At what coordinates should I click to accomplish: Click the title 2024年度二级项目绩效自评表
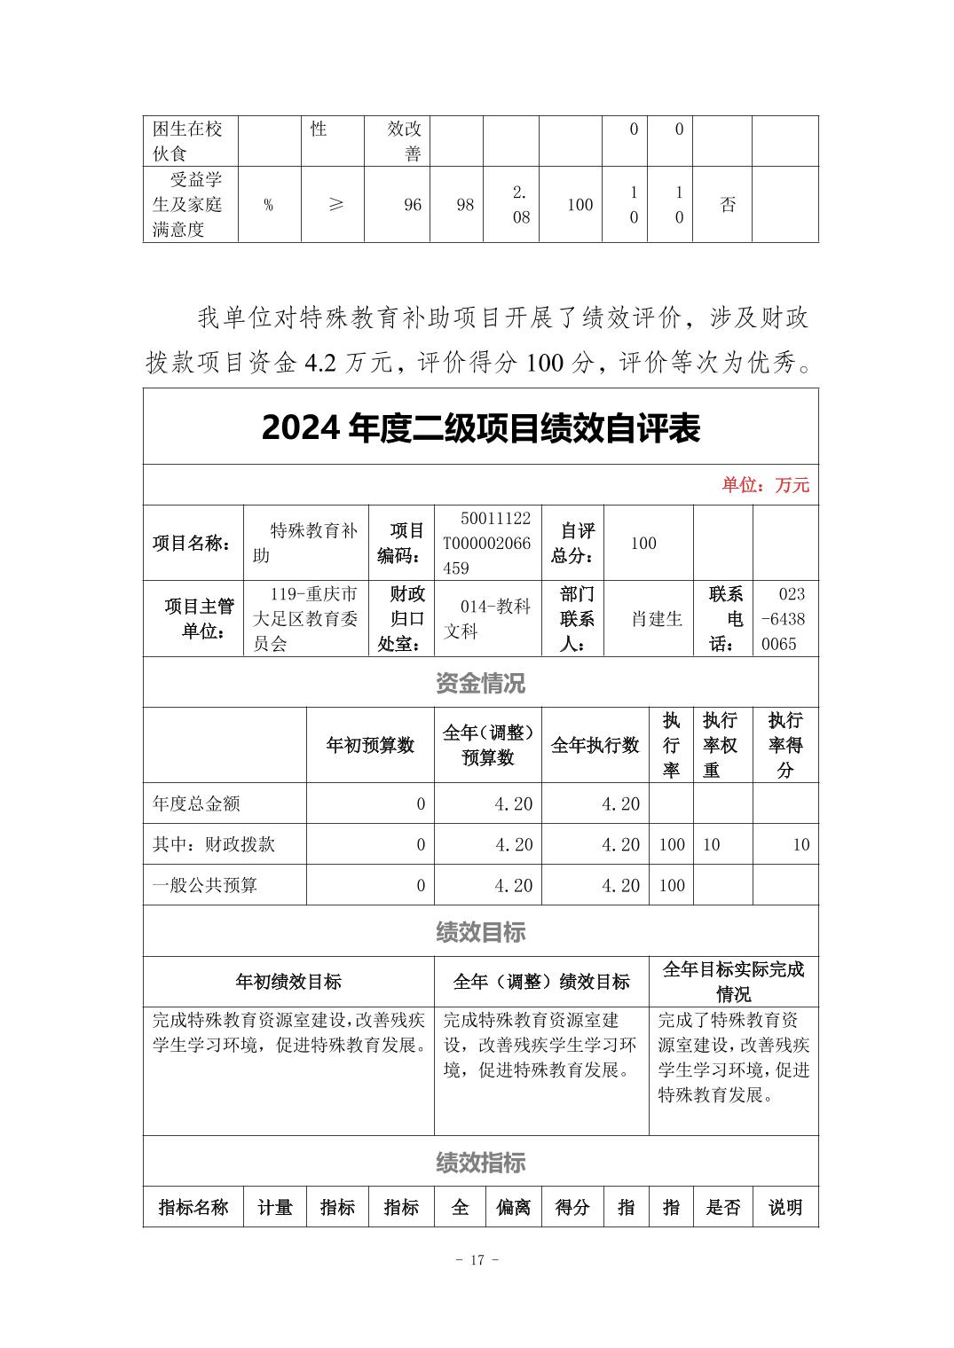(480, 428)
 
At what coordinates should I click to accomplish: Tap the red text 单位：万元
(765, 485)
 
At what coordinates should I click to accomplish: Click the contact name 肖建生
(657, 619)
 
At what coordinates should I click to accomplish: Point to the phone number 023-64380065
(784, 619)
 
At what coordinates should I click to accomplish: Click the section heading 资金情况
(480, 683)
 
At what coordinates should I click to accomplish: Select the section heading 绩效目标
(480, 931)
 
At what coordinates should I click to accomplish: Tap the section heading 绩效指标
(480, 1163)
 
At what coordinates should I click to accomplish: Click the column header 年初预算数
(370, 745)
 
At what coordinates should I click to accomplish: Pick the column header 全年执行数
(595, 745)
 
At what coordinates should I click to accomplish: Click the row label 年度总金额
(196, 803)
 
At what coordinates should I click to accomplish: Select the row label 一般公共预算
(205, 885)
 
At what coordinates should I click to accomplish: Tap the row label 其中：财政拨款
(214, 844)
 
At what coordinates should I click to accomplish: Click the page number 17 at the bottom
(477, 1259)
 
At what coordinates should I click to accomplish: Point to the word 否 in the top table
(728, 205)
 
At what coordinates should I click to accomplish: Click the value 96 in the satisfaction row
(413, 205)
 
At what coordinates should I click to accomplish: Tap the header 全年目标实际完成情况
(733, 981)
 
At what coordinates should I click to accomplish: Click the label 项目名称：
(193, 544)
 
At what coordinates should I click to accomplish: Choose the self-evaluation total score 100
(643, 544)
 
